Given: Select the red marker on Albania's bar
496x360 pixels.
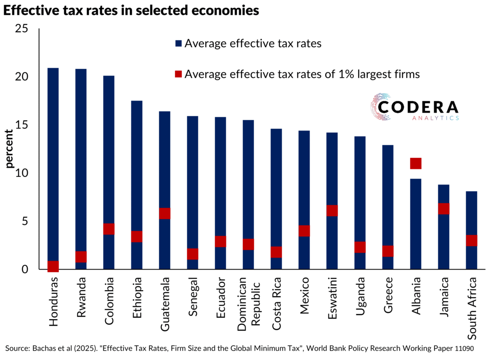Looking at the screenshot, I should point(416,163).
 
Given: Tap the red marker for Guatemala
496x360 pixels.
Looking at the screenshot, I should point(165,214).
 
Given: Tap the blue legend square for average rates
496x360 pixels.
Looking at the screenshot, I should point(179,44).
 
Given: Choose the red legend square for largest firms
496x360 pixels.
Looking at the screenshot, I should point(179,74).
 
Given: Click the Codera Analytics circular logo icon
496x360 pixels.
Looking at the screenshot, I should point(380,107).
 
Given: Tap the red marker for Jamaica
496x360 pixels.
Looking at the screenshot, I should point(444,208).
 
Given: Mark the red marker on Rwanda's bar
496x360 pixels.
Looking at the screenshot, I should point(81,257).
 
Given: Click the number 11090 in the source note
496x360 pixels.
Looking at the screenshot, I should point(464,349).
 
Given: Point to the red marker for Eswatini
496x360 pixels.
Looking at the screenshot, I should point(332,210).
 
